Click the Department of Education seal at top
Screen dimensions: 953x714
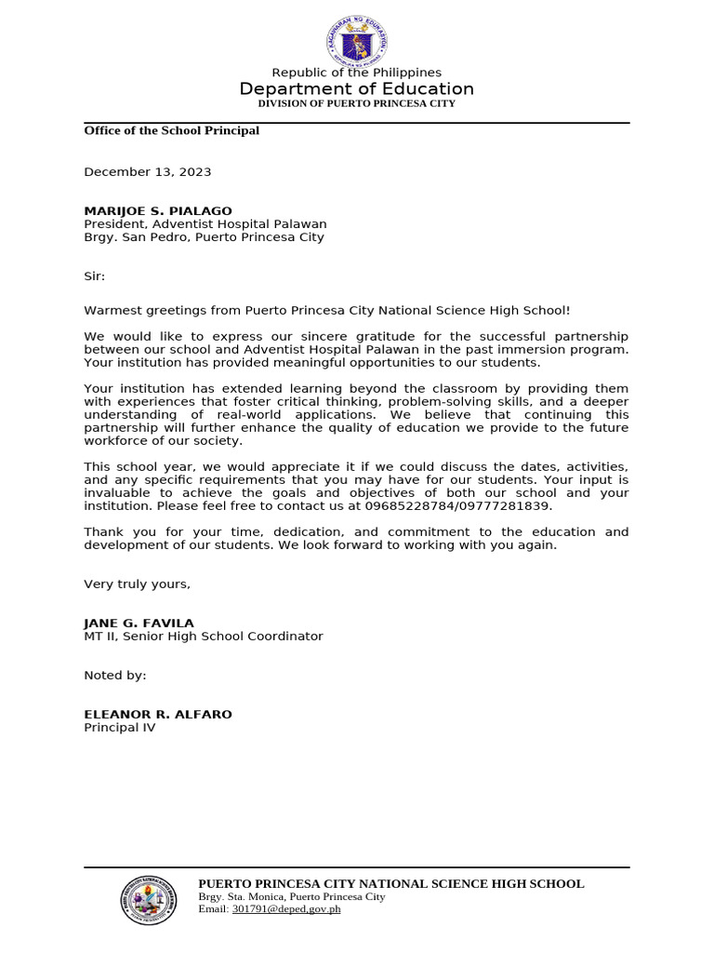(356, 41)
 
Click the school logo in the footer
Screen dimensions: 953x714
(148, 900)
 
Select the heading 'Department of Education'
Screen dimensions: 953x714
(356, 89)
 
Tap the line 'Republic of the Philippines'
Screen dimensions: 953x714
(356, 73)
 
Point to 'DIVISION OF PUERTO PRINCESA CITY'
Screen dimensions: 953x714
(356, 103)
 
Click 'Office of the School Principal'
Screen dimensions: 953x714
(171, 130)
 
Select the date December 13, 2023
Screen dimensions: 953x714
(148, 172)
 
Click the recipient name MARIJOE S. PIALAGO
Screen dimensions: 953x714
(158, 211)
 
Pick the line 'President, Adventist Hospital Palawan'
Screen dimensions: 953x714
(205, 224)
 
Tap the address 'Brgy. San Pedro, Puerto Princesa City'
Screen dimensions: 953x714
(204, 237)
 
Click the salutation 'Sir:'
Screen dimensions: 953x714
(95, 276)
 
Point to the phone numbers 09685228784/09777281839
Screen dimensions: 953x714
(474, 506)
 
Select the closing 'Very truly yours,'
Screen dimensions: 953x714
(137, 584)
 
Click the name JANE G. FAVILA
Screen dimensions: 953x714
(139, 624)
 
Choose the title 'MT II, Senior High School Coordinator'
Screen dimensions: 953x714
(204, 637)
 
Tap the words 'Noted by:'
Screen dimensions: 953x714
(115, 676)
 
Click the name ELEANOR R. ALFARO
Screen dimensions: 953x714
(158, 715)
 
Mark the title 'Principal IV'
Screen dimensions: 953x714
(120, 728)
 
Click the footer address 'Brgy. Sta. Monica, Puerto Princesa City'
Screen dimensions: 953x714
(291, 896)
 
